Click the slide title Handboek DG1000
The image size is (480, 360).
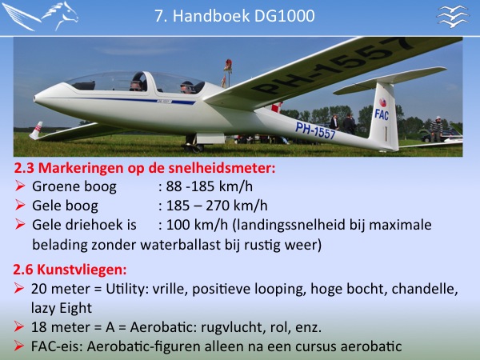234,16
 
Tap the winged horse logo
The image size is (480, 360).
41,16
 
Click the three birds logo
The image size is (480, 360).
453,16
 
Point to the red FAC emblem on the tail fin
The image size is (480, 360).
382,102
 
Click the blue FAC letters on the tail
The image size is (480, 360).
382,114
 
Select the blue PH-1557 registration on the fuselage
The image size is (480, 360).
315,130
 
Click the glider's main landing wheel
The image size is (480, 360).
194,148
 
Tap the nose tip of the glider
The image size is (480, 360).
34,98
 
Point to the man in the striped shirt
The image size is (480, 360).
436,129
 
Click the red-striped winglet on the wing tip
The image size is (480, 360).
36,130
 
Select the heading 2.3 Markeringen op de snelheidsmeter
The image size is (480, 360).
145,168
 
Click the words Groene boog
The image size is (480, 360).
74,186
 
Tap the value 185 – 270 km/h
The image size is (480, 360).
217,206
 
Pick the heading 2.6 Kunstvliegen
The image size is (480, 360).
70,270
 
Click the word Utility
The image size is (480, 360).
125,289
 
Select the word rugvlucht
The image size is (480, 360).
231,327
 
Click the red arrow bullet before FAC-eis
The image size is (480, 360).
18,346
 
